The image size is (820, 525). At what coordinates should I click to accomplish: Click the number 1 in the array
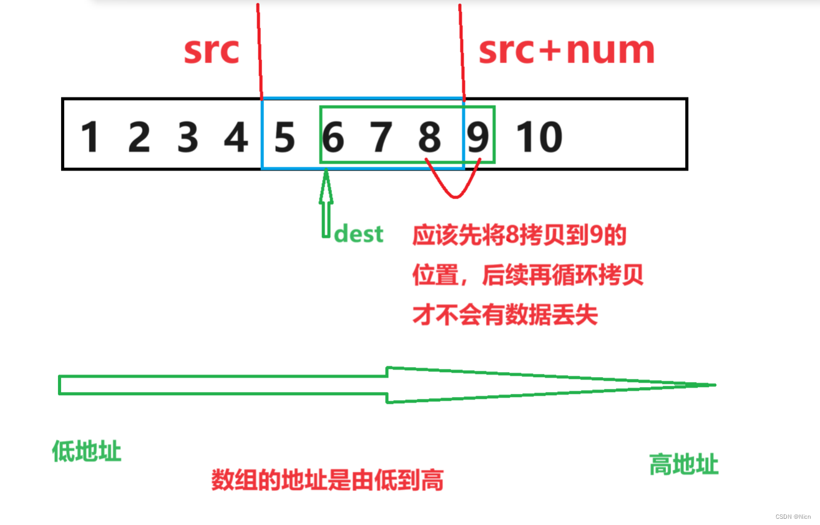pos(90,137)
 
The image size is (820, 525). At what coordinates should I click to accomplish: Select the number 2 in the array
pos(139,137)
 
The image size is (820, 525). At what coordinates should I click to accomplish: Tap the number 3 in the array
pos(187,137)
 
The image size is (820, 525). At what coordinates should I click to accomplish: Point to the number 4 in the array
pos(235,137)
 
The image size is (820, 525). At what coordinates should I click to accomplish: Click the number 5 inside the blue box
pos(284,137)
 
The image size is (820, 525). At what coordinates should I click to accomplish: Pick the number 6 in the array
pos(333,137)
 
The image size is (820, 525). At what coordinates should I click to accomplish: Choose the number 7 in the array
pos(381,137)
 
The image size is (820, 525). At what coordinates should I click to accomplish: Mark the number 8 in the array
pos(429,137)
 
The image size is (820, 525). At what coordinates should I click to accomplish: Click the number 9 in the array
pos(478,137)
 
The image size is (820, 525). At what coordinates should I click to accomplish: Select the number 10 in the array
pos(539,137)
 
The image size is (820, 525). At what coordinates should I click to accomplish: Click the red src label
pos(211,51)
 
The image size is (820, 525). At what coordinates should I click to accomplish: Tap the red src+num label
pos(566,51)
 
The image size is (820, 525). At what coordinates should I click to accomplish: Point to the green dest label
pos(358,234)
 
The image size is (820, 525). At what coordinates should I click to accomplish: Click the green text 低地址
pos(86,451)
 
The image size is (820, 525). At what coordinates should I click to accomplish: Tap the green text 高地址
pos(683,464)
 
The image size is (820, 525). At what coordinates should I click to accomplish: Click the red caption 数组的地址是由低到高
pos(327,480)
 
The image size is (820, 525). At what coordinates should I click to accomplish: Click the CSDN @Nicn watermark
pos(793,516)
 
